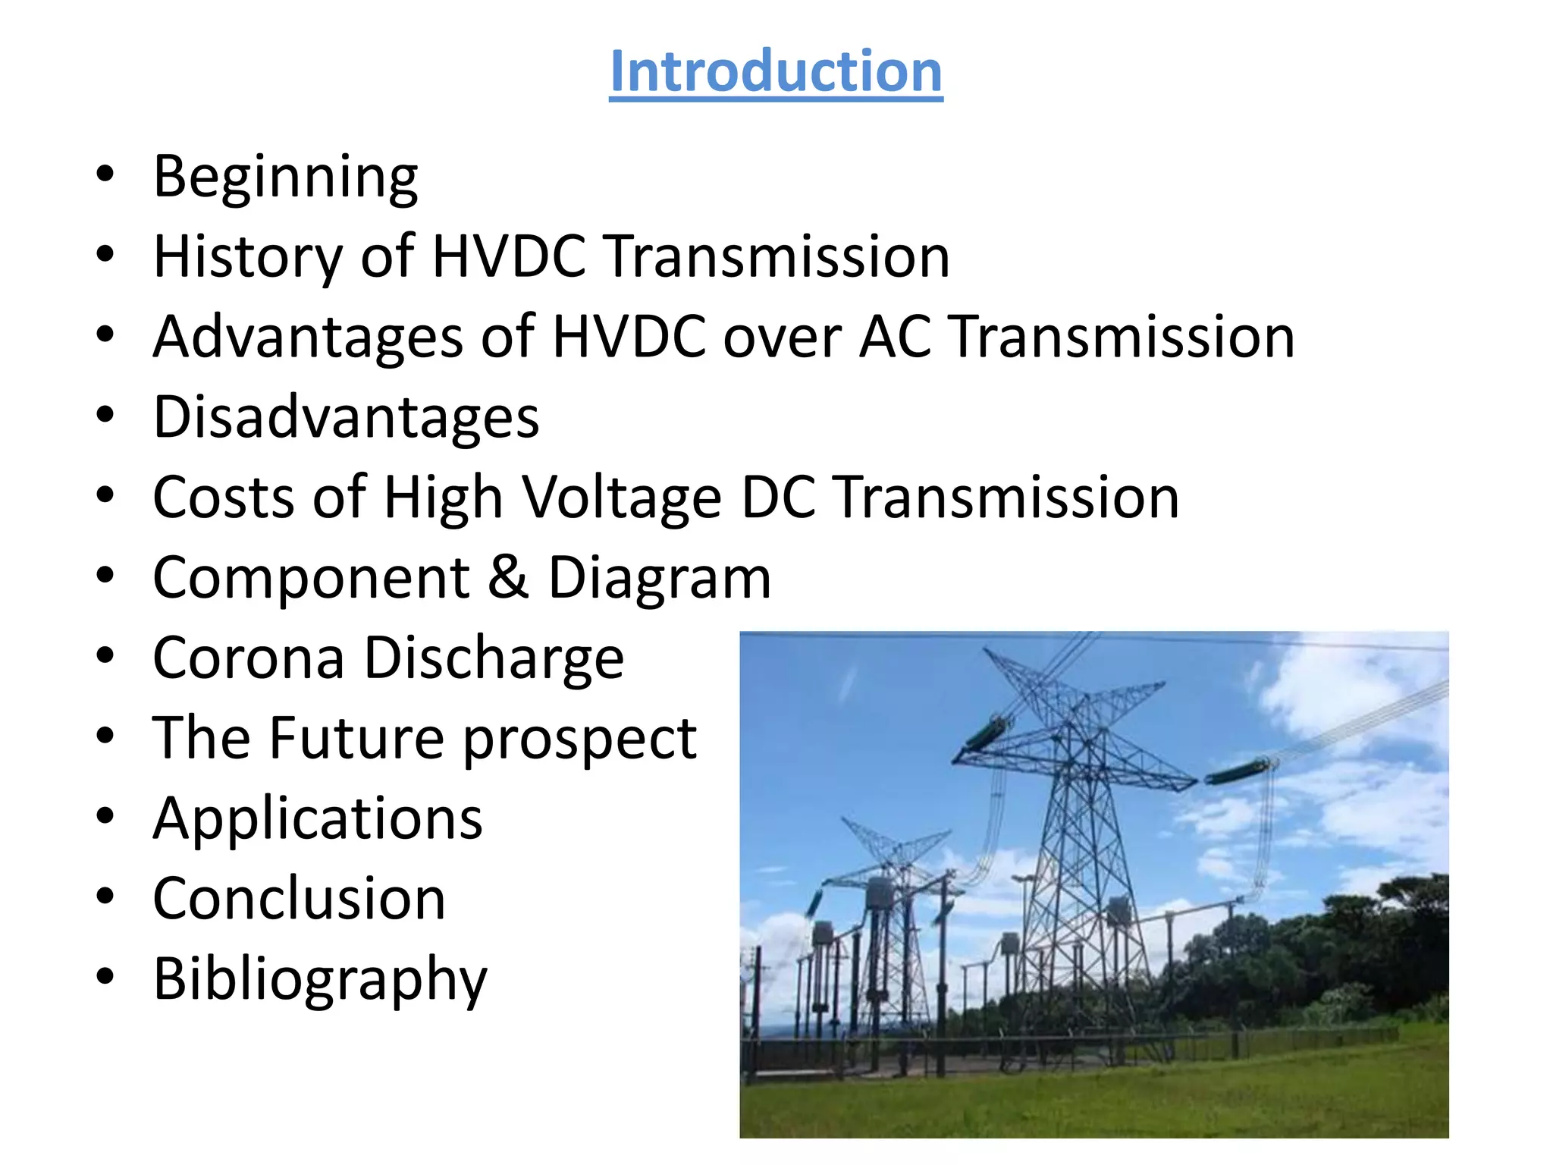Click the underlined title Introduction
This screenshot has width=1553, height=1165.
(776, 71)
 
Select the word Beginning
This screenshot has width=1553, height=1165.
(285, 177)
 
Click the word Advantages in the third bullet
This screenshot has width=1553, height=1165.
(308, 338)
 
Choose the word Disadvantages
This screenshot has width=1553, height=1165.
(346, 418)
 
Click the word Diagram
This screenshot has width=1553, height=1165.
(659, 579)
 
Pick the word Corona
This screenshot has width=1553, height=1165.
(249, 658)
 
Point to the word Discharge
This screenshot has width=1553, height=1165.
(494, 658)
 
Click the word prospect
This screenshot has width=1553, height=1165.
(579, 740)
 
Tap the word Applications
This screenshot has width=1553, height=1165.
(318, 820)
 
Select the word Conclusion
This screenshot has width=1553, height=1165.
(299, 900)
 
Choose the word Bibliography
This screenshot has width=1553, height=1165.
(320, 981)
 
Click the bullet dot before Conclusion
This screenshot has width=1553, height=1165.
(105, 897)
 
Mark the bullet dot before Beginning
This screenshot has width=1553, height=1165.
(105, 174)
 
